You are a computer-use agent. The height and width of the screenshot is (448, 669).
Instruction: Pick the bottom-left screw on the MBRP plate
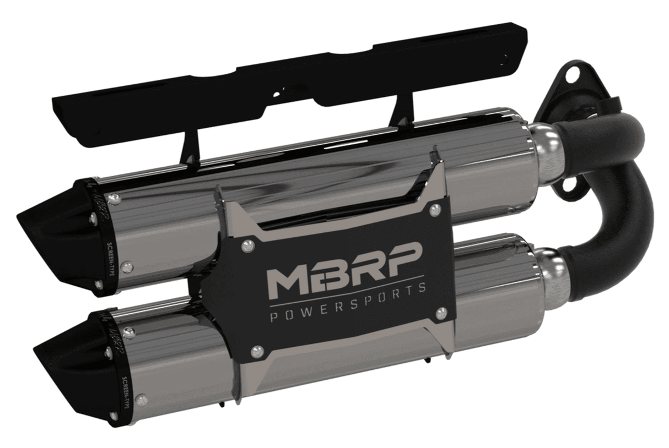[x=256, y=351]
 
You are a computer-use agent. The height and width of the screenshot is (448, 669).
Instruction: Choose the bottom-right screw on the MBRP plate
[x=440, y=313]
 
